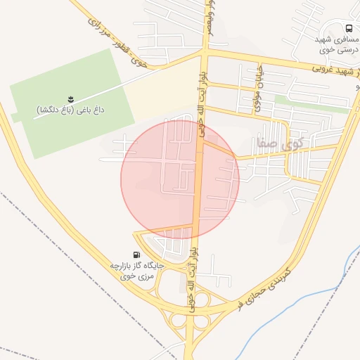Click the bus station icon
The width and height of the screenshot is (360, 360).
(350, 29)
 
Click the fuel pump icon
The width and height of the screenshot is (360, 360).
(136, 255)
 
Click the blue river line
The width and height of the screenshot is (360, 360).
(281, 309)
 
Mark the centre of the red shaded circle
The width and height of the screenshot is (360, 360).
(180, 179)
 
